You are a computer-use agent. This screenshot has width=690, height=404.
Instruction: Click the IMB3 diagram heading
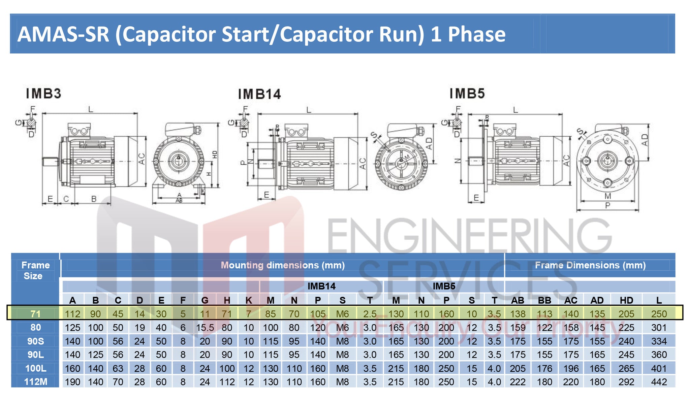click(x=44, y=94)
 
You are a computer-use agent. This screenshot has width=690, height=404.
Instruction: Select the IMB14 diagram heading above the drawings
click(x=259, y=94)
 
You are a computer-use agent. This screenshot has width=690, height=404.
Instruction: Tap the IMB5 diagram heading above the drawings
click(x=467, y=94)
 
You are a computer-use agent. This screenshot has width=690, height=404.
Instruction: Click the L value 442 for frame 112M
click(x=659, y=382)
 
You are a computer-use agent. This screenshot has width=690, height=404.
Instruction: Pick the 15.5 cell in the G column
click(x=205, y=328)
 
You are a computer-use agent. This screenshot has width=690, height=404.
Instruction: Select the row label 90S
click(x=36, y=341)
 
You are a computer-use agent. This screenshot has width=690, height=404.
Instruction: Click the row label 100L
click(x=36, y=368)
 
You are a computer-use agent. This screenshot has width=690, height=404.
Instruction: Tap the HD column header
click(x=626, y=300)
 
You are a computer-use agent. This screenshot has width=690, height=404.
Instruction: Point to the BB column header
click(x=544, y=300)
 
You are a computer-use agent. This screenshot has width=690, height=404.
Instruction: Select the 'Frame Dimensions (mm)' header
click(x=590, y=265)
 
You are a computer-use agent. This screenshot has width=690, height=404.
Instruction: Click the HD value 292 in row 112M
click(x=626, y=382)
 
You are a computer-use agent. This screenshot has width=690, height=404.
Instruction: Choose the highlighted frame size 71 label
click(x=36, y=314)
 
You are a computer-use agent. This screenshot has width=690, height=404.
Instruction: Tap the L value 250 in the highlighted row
click(x=659, y=314)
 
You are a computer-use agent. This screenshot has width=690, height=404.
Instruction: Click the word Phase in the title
click(x=476, y=34)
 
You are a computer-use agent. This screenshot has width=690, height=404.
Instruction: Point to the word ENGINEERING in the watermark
click(x=468, y=236)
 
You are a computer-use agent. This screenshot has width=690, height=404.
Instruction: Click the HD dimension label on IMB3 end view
click(x=215, y=155)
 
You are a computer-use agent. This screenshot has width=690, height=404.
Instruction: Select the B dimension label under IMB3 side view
click(x=94, y=199)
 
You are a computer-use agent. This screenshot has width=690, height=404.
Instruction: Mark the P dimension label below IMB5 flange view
click(x=607, y=205)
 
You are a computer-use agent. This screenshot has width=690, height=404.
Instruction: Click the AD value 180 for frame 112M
click(x=597, y=382)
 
